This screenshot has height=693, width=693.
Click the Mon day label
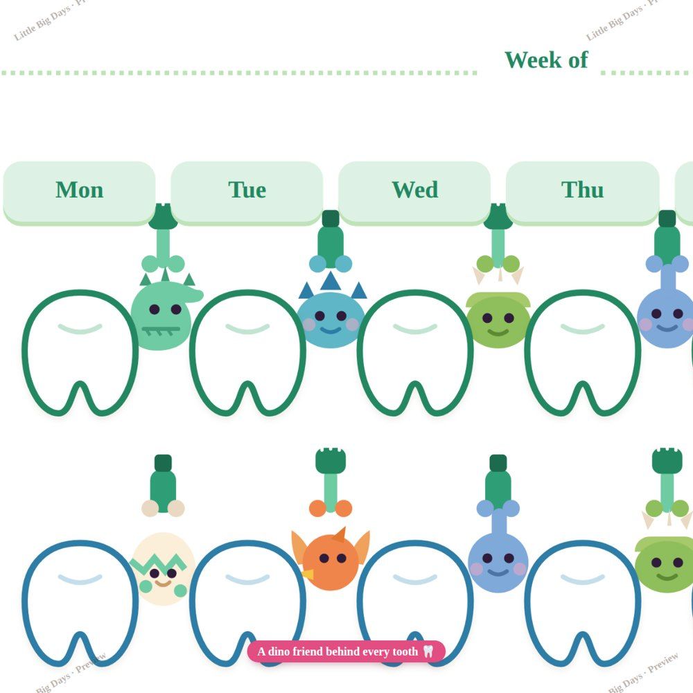(80, 190)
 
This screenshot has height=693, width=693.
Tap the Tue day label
(247, 190)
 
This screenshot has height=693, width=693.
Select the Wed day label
(414, 190)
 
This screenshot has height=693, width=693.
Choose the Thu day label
(583, 190)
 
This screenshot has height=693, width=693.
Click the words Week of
(546, 60)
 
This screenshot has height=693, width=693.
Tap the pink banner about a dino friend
(346, 651)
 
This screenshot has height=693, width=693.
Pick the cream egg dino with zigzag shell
(163, 569)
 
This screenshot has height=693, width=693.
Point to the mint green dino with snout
(163, 315)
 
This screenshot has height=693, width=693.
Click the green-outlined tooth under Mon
(80, 353)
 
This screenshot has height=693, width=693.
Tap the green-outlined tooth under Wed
(415, 353)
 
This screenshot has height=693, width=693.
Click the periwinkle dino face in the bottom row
(498, 563)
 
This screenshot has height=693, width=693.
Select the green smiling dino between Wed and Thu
(498, 319)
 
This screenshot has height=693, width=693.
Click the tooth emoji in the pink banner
(428, 651)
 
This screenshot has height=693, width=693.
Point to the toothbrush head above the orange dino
(331, 460)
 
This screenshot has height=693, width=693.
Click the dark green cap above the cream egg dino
(163, 463)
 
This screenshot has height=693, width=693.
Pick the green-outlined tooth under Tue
(247, 353)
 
